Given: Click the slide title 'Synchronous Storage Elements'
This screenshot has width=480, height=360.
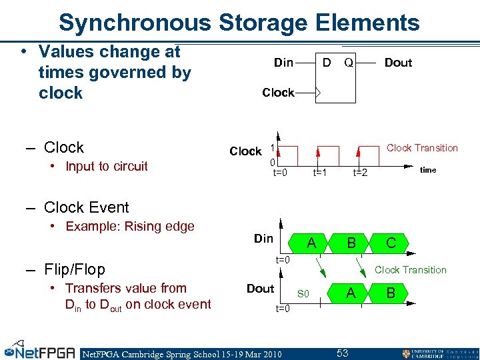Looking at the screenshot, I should coord(239,23).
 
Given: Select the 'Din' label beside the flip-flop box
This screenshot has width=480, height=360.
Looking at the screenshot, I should coord(283,63).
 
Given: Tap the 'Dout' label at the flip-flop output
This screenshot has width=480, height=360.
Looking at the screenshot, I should coord(398,63).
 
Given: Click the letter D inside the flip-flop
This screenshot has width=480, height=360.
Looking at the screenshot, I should coord(327,63).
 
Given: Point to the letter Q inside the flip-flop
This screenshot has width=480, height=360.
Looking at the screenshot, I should coord(348,63).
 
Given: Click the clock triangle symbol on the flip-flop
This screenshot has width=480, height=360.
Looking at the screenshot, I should coord(317,93).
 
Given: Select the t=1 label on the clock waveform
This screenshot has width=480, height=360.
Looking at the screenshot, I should coord(320,172).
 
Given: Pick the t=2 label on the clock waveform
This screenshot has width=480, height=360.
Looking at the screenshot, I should coord(360,172).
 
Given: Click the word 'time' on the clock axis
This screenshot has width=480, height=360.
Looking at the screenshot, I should coord(428,170).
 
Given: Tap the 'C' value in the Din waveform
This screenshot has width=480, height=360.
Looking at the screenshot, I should coord(391,243).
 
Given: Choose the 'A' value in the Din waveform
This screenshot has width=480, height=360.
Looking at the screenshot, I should coord(311,243).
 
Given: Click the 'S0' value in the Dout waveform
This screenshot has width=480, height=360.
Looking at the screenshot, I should coord(303,294).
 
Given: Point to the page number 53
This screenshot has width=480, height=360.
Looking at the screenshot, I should coord(343,352).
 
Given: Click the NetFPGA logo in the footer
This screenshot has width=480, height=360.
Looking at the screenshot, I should coord(40,351).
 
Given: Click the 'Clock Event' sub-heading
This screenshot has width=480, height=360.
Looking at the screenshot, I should coord(86,207).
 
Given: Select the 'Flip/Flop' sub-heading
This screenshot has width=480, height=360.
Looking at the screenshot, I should coord(74,269).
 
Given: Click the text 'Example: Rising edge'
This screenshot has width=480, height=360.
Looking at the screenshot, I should coord(130,226).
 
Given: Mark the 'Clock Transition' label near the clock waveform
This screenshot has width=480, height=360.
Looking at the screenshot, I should coord(422,148).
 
